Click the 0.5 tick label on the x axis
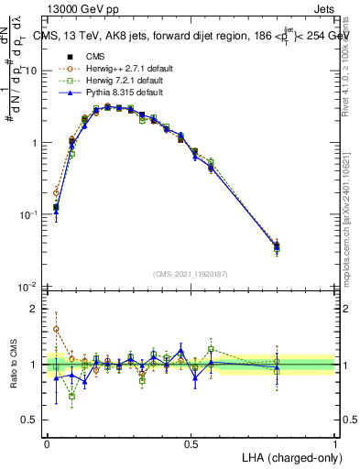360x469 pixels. (x=191, y=442)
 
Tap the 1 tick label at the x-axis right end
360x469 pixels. (x=334, y=442)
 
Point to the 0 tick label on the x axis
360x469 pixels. (x=47, y=442)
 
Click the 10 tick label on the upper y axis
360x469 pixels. (x=31, y=71)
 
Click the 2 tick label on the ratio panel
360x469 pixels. (x=36, y=309)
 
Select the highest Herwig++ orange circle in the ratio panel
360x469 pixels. (x=56, y=329)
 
